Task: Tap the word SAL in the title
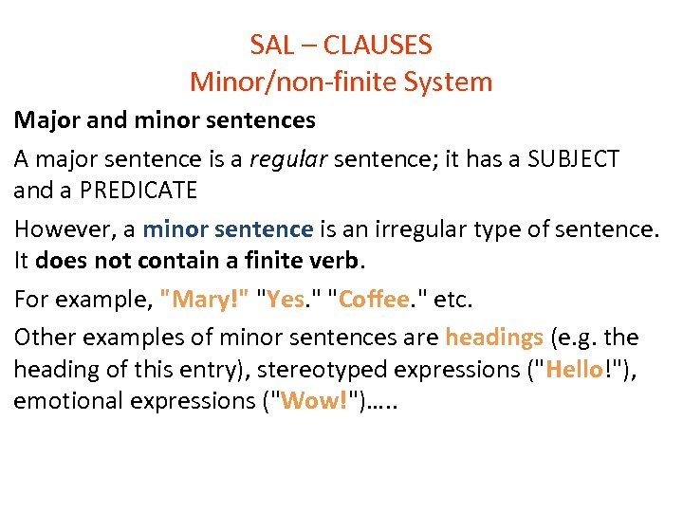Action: [x=271, y=45]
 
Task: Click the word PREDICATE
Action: [x=138, y=191]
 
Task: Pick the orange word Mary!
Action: [x=206, y=301]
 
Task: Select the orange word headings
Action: [x=493, y=338]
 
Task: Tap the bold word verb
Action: [x=339, y=262]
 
